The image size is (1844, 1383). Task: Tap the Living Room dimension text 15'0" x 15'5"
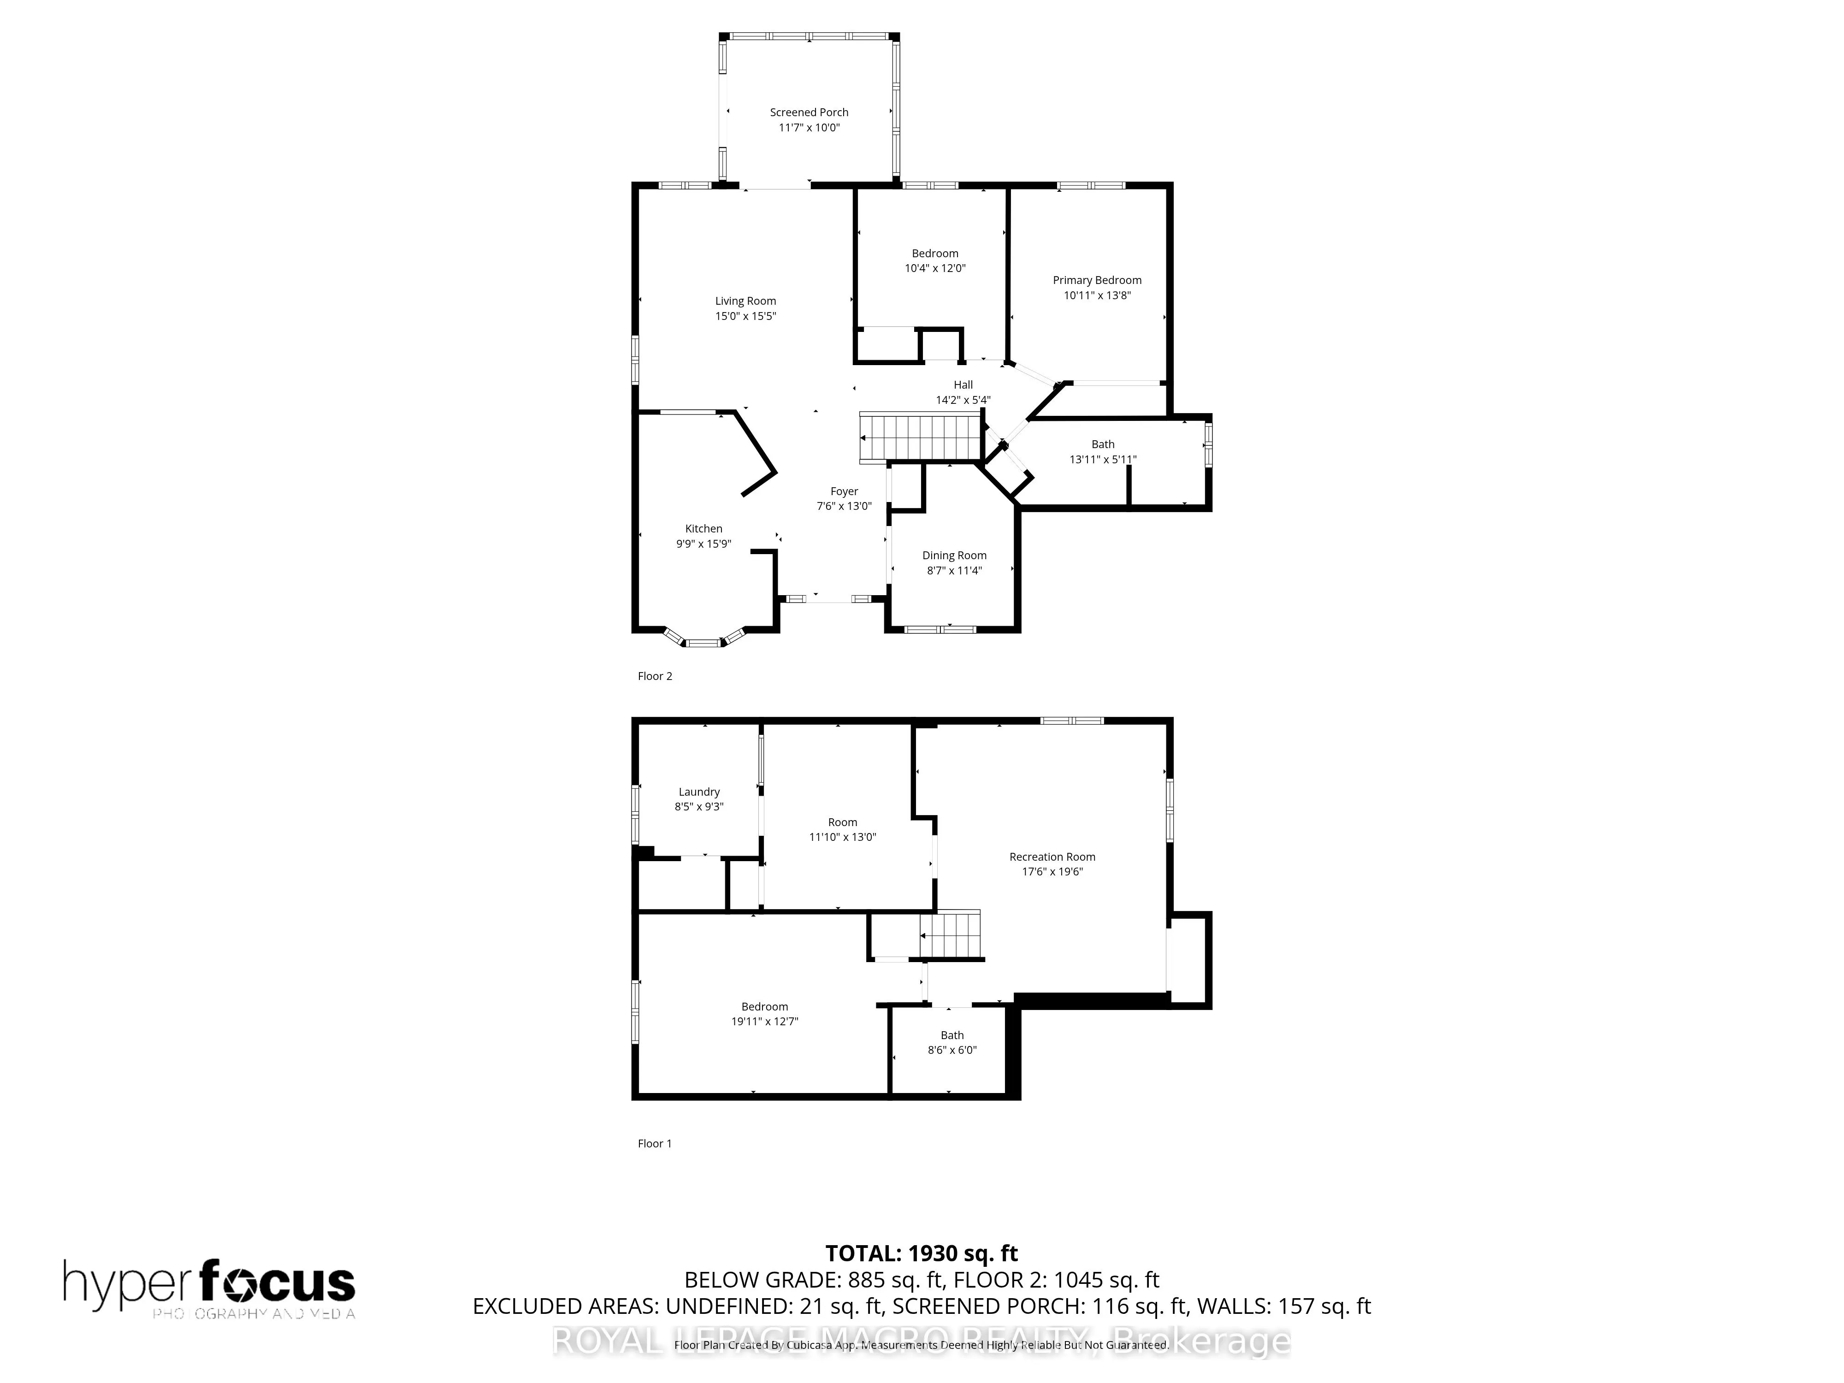point(745,316)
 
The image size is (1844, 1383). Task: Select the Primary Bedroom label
point(1096,280)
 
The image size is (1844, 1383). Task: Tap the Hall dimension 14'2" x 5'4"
point(963,400)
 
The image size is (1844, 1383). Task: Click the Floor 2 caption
point(655,676)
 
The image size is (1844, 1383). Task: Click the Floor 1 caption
point(655,1144)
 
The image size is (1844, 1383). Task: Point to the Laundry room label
point(698,792)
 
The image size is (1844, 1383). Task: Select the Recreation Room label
point(1052,857)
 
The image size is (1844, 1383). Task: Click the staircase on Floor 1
point(950,935)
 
